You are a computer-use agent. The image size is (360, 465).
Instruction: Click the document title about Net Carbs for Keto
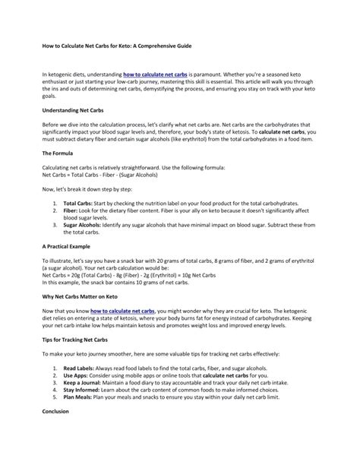click(x=115, y=46)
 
